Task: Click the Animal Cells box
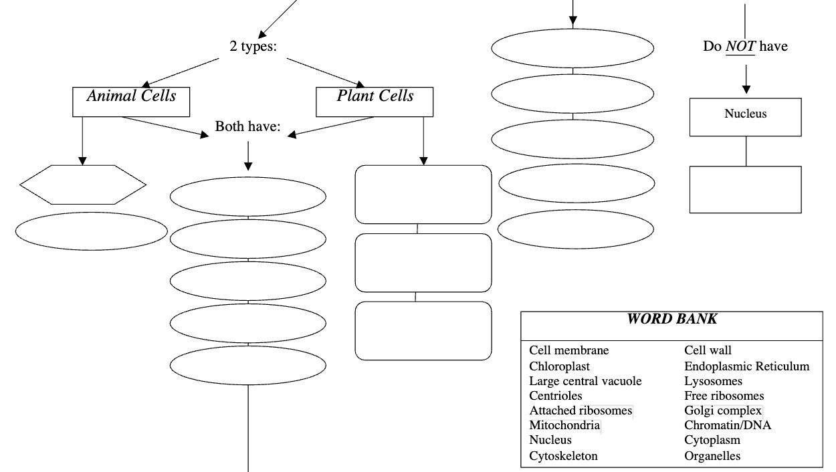click(x=131, y=102)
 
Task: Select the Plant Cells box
click(x=375, y=102)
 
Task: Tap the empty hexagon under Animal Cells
click(x=83, y=185)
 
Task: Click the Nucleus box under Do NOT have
click(x=745, y=117)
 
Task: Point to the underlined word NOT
click(x=740, y=47)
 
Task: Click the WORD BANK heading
click(x=671, y=320)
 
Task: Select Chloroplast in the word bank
click(x=560, y=366)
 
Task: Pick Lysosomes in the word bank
click(x=713, y=381)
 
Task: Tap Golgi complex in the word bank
click(x=723, y=410)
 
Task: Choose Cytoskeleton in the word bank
click(x=563, y=456)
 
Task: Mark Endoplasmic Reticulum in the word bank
click(x=746, y=366)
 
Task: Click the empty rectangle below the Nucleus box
click(x=745, y=190)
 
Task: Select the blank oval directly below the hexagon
click(x=92, y=231)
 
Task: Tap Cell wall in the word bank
click(x=708, y=350)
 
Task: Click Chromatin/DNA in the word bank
click(x=727, y=425)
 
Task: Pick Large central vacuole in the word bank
click(x=585, y=381)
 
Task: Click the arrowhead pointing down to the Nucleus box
click(x=746, y=90)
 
